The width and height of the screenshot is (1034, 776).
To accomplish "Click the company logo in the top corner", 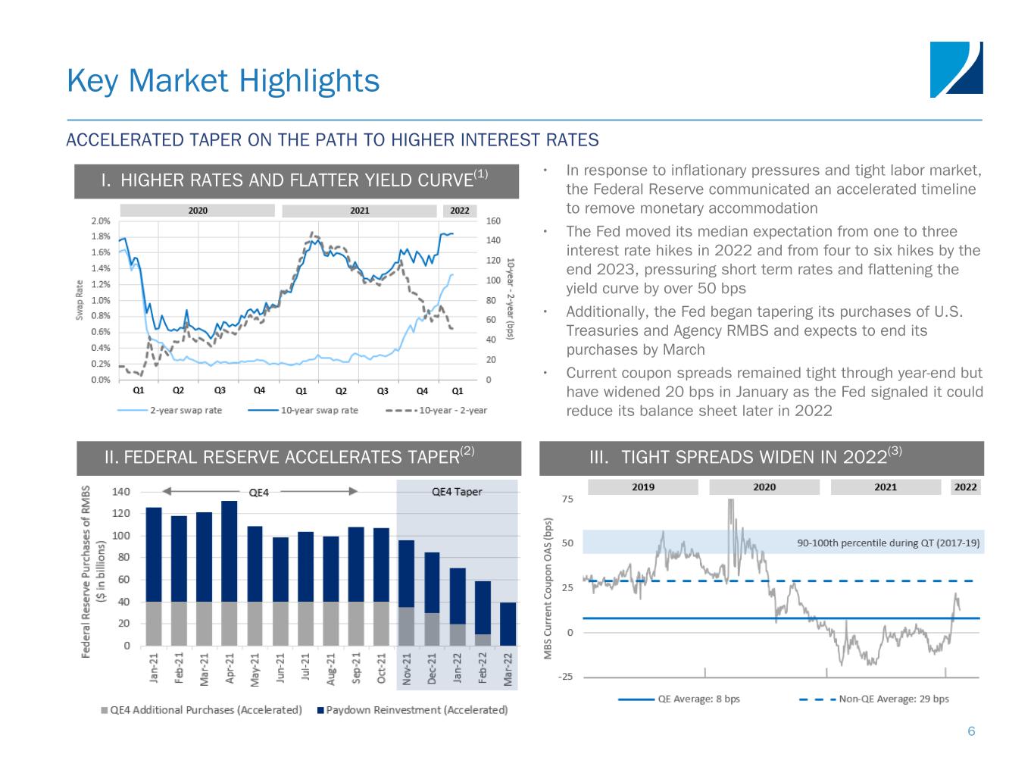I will pos(956,70).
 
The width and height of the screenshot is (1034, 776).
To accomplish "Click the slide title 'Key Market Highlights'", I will pos(223,80).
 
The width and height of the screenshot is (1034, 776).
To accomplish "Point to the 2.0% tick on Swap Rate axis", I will pos(101,221).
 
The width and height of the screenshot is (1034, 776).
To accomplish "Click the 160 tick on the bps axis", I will pos(493,221).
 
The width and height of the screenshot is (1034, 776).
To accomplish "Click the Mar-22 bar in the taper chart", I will pos(508,624).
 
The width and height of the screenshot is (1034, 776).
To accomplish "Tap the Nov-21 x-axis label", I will pos(407,669).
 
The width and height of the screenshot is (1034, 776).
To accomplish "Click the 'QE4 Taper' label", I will pos(457,491).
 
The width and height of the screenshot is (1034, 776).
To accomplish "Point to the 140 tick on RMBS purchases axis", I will pos(121,491).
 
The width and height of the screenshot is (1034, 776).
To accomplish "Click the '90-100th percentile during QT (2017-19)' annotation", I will pos(888,543).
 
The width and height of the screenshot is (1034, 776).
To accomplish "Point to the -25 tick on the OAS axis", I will pos(565,677).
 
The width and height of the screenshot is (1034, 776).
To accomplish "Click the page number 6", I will pos(971,731).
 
